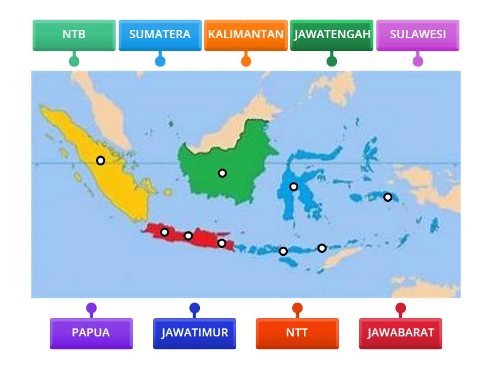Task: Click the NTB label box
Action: coord(74,34)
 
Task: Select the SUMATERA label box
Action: coord(160,34)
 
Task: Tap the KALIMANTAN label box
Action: coord(246,34)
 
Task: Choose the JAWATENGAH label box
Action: coord(332,34)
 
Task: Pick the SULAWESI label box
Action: coord(418,34)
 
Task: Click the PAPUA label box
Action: coord(91,333)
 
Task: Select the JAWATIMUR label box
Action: coord(194,333)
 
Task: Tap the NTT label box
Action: coord(297,333)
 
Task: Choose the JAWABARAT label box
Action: coord(400,333)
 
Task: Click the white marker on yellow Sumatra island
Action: coord(100,161)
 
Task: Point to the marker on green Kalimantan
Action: coord(223,173)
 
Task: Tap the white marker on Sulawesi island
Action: coord(294,186)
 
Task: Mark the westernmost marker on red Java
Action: coord(165,232)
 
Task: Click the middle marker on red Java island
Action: coord(188,236)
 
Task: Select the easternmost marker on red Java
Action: coord(222,244)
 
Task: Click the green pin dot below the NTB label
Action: coord(74,61)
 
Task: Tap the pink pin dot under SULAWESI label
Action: coord(418,61)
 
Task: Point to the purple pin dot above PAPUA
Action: coord(91,308)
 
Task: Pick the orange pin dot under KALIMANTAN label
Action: coord(246,61)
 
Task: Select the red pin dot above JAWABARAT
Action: coord(400,308)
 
